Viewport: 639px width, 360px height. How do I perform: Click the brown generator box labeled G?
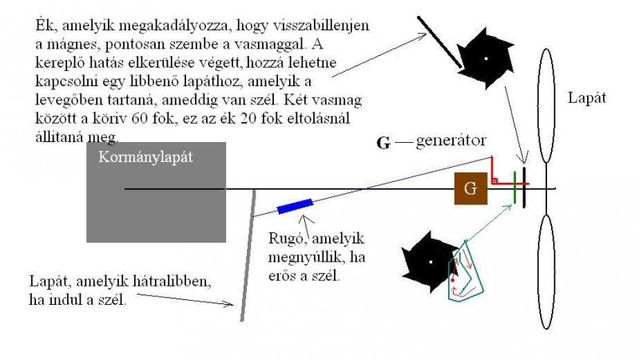pyautogui.click(x=470, y=189)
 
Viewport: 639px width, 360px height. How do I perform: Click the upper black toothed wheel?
pyautogui.click(x=485, y=58)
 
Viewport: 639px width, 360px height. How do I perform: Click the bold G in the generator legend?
pyautogui.click(x=383, y=144)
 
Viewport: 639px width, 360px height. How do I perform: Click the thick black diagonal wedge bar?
pyautogui.click(x=439, y=42)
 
